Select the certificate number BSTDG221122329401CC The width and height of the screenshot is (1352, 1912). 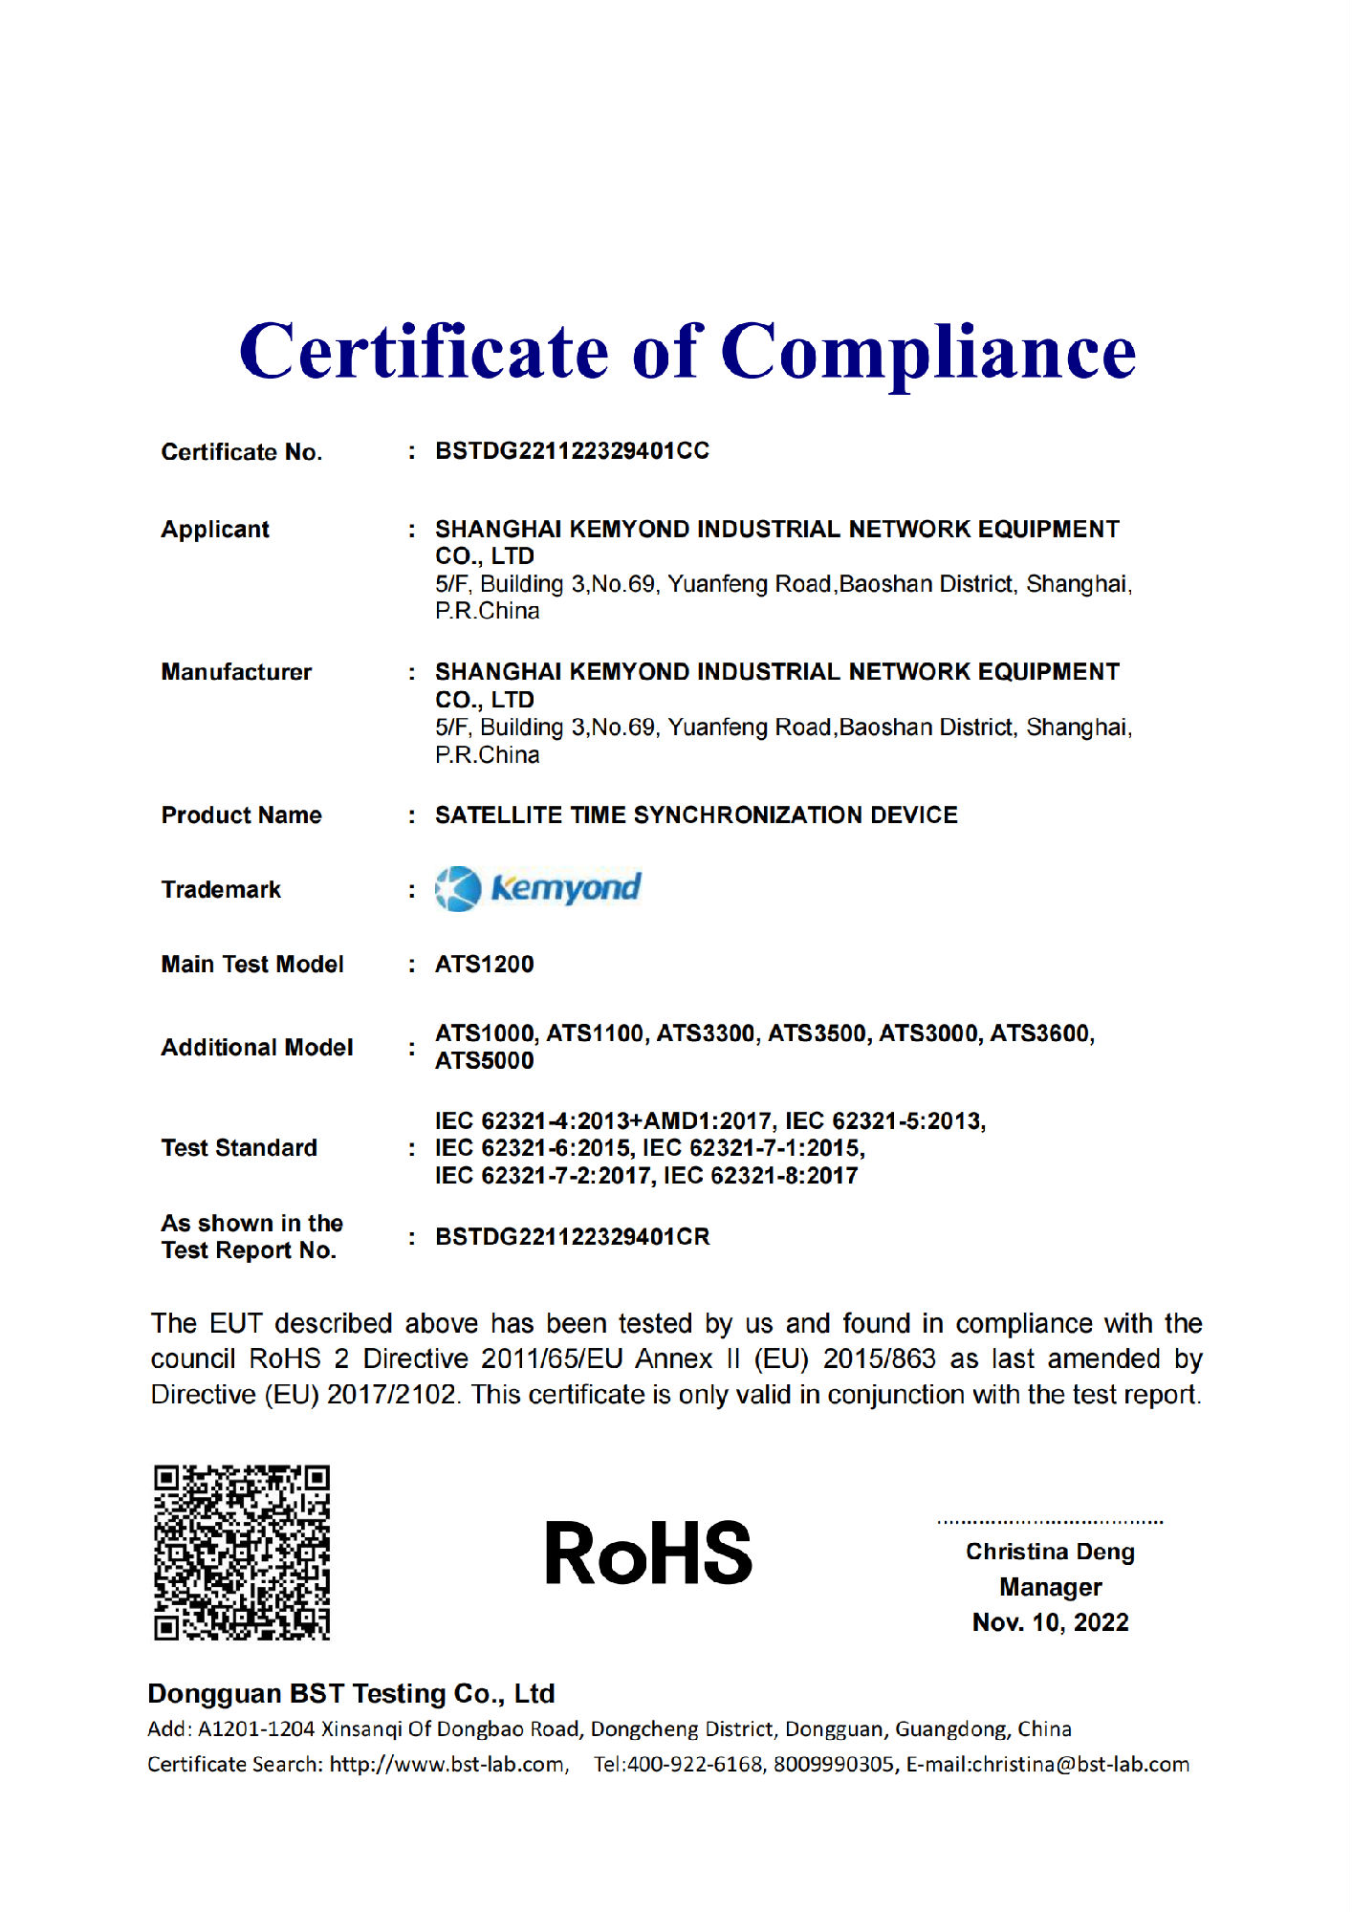tap(572, 451)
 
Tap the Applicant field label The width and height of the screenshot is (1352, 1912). tap(215, 530)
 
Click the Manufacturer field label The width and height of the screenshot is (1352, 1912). tap(236, 672)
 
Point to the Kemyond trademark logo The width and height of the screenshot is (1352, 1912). tap(538, 888)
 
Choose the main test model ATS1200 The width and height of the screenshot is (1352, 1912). tap(484, 964)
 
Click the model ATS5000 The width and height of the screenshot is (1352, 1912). tap(484, 1061)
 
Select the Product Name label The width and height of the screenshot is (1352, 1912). tap(241, 815)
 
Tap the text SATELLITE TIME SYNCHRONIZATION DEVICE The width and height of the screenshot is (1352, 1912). tap(696, 815)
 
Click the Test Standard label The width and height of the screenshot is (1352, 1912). tap(239, 1148)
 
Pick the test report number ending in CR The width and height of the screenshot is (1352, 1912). tap(572, 1237)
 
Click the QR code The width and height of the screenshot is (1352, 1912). tap(242, 1552)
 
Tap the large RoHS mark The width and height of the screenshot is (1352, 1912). tap(648, 1553)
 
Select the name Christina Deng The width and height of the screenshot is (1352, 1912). tap(1050, 1552)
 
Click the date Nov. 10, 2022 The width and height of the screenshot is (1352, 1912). tap(1050, 1622)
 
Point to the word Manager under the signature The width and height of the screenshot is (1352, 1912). tap(1050, 1587)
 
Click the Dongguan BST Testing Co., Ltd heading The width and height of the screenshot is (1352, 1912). tap(351, 1693)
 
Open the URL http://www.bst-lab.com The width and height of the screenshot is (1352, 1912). tap(447, 1764)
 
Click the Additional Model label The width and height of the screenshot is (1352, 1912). tap(256, 1048)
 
